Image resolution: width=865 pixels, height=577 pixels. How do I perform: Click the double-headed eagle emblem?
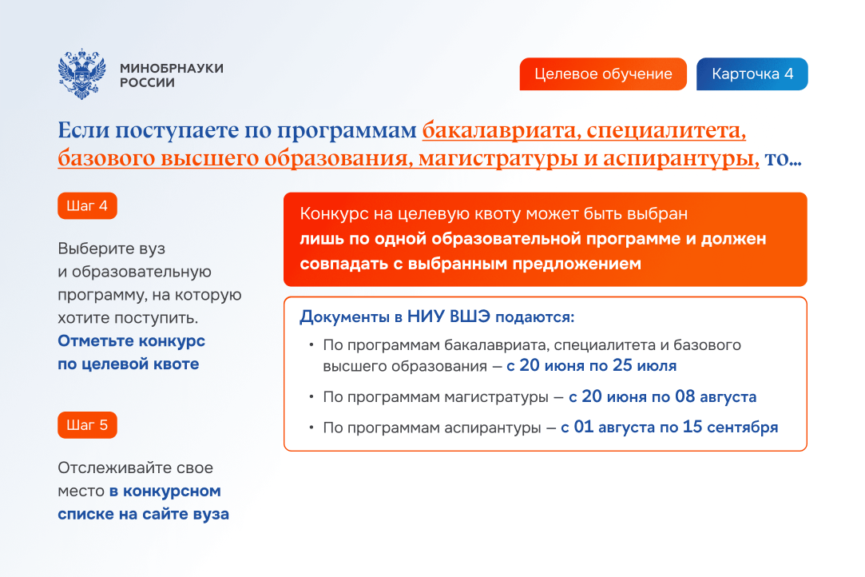(81, 74)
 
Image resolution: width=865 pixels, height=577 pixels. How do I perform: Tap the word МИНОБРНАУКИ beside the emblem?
(172, 68)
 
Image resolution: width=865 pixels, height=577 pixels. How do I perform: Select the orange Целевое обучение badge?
(603, 74)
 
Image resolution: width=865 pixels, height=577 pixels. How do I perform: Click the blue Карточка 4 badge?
(752, 74)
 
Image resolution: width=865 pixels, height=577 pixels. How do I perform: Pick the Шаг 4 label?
(87, 206)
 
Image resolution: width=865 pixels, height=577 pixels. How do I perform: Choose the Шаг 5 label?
(87, 425)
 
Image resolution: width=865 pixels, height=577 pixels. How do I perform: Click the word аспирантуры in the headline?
(680, 158)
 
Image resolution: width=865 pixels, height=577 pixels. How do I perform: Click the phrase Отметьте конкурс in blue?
(131, 340)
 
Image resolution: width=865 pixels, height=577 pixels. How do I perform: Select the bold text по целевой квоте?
(129, 364)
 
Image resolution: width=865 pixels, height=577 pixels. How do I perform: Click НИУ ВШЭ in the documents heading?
(449, 316)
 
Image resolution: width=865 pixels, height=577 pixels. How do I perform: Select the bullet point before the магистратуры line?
(311, 396)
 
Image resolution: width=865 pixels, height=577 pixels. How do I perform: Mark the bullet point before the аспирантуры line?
(311, 428)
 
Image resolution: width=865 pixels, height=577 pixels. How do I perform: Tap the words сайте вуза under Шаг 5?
(185, 514)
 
